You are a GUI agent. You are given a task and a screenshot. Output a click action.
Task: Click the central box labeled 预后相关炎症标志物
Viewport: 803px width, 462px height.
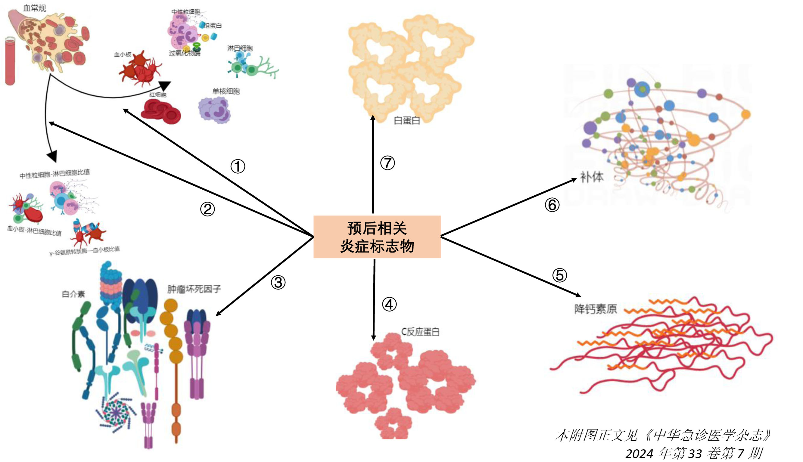point(377,237)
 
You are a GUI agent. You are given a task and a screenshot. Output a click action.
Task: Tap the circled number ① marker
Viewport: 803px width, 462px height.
point(238,166)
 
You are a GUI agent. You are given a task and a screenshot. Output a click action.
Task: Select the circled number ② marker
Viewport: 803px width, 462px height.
point(207,209)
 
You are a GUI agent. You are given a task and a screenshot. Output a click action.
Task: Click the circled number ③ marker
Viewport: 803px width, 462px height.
point(278,282)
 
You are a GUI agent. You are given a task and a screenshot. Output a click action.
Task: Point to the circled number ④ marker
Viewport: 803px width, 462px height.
point(389,305)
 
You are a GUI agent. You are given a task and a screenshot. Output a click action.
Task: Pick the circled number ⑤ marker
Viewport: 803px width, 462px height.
point(559,275)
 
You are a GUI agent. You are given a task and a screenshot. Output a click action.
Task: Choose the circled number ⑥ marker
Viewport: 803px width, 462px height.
point(552,205)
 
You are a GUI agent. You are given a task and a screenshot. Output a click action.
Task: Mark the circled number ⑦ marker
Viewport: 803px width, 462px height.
point(387,163)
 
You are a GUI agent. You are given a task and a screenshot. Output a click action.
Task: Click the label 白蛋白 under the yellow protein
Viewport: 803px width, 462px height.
point(406,121)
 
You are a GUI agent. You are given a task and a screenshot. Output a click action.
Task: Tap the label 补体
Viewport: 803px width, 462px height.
point(592,177)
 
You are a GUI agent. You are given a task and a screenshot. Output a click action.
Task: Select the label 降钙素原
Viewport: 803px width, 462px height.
point(596,309)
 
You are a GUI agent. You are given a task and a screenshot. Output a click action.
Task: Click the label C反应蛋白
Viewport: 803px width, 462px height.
point(420,332)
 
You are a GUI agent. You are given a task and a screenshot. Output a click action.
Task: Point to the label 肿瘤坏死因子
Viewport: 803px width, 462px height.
point(194,289)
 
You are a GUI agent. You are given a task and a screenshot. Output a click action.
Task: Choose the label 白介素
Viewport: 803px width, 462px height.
point(73,294)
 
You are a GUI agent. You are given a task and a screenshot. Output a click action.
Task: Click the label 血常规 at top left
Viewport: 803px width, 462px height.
point(34,8)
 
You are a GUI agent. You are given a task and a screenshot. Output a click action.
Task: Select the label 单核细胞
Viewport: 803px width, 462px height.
point(226,91)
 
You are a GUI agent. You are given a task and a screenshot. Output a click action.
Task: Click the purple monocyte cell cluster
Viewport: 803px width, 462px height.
point(215,110)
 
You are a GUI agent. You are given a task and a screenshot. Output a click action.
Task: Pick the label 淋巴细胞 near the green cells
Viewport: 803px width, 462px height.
point(240,48)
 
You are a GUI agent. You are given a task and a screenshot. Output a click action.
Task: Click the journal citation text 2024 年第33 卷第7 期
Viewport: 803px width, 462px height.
point(693,453)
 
